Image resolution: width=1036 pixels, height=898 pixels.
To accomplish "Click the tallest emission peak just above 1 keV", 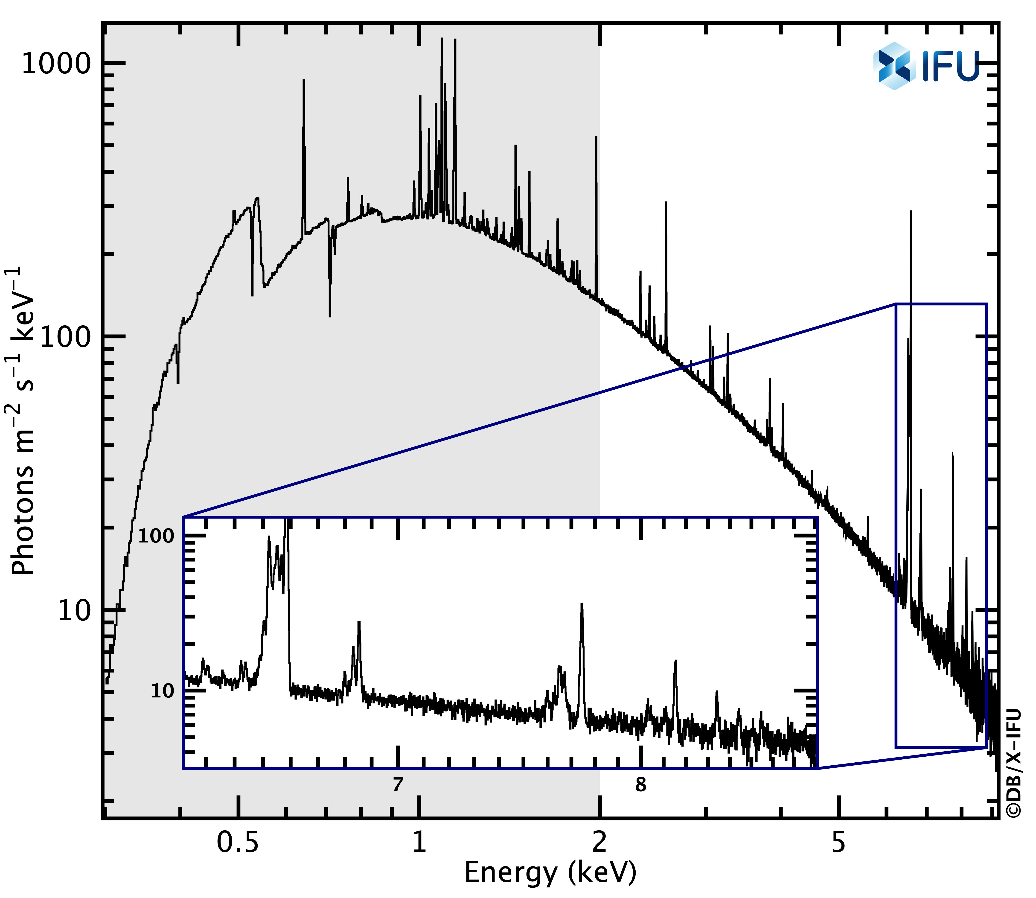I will [x=441, y=39].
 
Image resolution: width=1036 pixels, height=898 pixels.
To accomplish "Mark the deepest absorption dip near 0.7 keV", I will [x=330, y=316].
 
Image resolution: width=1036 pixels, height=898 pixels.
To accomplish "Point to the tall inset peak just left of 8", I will [x=582, y=605].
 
